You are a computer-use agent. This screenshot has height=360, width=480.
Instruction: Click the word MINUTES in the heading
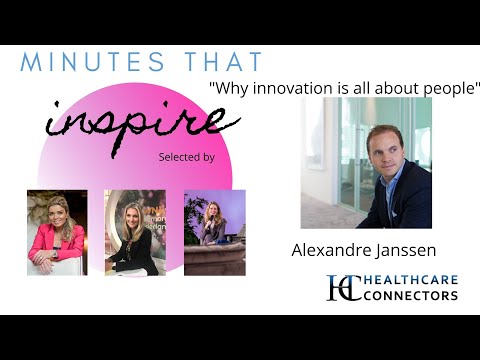pos(74,62)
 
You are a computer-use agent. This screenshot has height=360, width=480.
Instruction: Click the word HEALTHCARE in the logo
pos(410,280)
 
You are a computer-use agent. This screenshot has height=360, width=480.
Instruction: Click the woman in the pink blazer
pos(56,235)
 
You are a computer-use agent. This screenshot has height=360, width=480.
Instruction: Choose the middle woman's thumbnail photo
pos(135,232)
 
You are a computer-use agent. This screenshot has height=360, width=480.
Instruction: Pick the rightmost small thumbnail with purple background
pos(214,232)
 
